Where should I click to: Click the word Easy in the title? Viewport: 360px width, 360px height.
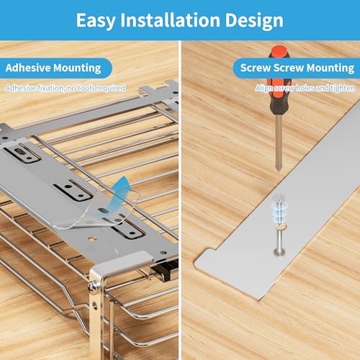96,21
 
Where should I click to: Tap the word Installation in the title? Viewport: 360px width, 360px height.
170,20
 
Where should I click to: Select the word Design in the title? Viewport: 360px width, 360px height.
254,21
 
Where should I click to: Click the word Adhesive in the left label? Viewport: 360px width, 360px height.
27,68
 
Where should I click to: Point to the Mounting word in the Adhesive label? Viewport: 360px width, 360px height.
77,68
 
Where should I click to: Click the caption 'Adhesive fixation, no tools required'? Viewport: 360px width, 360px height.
66,88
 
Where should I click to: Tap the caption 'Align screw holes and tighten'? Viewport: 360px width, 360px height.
305,88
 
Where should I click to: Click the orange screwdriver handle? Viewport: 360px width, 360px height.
279,79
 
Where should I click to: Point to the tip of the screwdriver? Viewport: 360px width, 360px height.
279,171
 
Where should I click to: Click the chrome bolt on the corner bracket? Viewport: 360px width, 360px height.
92,287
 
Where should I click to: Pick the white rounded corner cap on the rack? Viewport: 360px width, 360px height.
121,263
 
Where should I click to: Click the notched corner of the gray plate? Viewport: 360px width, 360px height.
209,251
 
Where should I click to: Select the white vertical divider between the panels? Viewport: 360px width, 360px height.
180,200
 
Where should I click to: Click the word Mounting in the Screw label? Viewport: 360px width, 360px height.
330,68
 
